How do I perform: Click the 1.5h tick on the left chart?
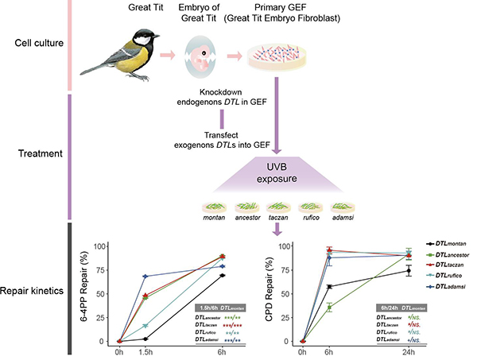click(145, 350)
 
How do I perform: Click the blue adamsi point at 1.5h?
click(145, 276)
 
